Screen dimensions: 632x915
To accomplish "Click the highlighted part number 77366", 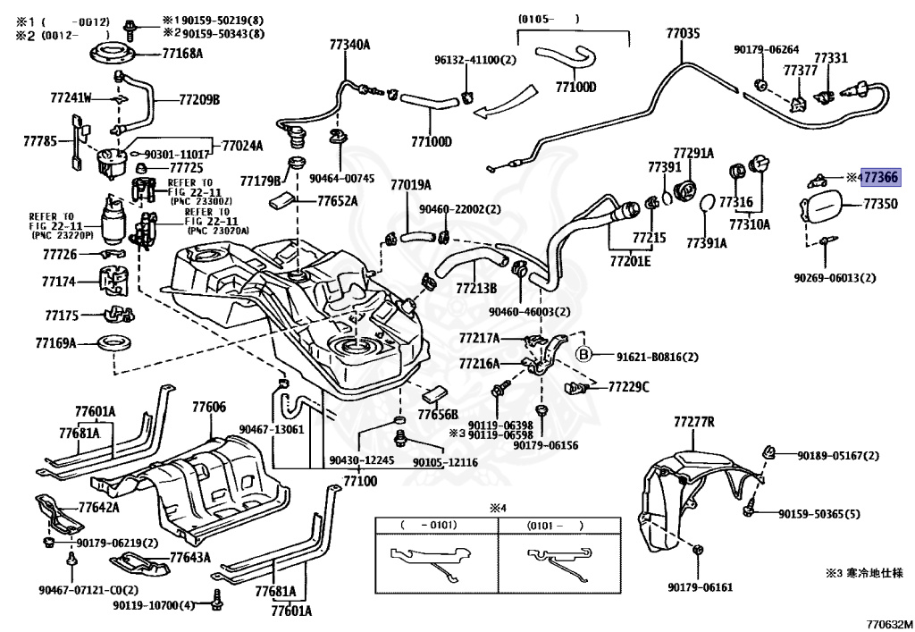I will coord(881,177).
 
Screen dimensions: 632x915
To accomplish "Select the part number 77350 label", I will coord(880,205).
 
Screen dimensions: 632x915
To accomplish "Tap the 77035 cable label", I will coord(683,34).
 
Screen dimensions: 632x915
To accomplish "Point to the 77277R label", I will coord(694,420).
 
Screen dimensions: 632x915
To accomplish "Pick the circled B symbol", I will coord(586,355).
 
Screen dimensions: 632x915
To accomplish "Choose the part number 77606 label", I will coord(209,408).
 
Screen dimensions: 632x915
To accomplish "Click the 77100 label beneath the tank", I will coord(360,481).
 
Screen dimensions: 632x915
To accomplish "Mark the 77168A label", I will coord(182,53).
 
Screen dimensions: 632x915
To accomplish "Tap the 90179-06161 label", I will coord(700,587).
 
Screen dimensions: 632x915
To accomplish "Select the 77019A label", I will coord(410,185).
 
